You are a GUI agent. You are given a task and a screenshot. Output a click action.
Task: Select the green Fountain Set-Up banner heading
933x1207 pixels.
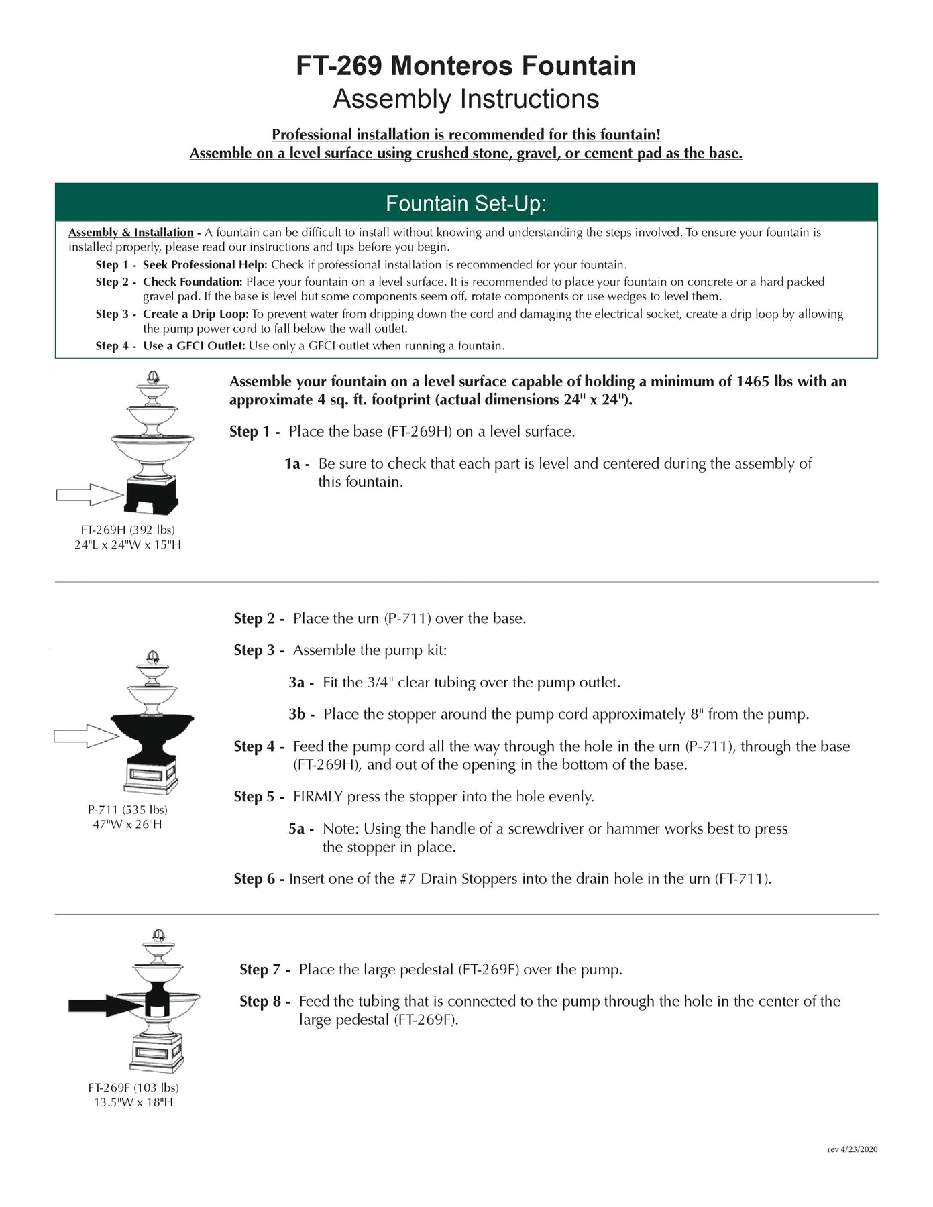tap(466, 203)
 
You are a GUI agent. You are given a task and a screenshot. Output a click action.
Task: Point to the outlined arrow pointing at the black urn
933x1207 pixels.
tap(86, 736)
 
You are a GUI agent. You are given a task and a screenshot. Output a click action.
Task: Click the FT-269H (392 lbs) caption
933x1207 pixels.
tap(127, 530)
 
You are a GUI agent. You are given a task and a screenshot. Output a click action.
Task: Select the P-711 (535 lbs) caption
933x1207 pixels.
tap(127, 809)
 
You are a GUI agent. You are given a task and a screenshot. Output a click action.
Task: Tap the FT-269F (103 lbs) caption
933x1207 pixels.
tap(133, 1088)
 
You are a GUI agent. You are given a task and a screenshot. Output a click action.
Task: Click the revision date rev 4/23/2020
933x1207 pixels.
tap(852, 1149)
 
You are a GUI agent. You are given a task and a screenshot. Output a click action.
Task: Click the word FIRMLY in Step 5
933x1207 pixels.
tap(318, 797)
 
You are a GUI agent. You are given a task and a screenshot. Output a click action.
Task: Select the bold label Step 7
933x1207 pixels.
tap(264, 969)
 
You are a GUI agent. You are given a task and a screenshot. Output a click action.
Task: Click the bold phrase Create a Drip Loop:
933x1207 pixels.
tap(195, 314)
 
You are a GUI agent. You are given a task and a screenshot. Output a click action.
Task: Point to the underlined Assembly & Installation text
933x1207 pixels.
tap(131, 233)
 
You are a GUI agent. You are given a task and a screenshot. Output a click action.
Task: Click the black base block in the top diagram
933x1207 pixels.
tap(152, 496)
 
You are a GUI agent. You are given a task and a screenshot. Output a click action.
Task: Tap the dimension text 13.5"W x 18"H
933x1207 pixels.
tap(133, 1102)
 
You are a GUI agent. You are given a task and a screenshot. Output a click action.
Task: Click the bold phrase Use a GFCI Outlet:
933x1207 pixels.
tap(193, 346)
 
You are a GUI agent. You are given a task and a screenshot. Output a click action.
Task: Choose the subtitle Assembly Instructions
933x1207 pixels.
tap(466, 99)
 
